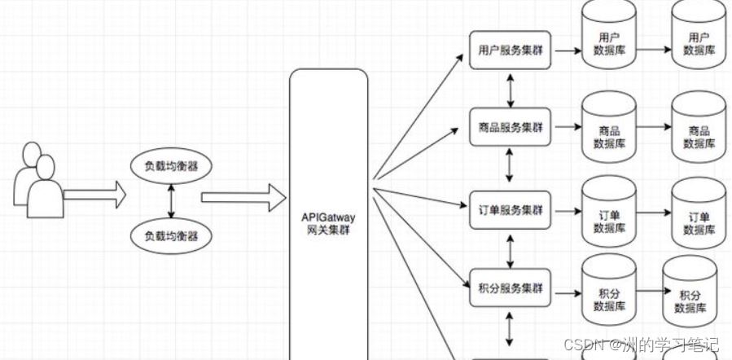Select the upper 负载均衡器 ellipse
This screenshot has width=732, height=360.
coord(171,166)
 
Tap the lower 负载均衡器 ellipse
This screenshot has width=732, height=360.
coord(171,236)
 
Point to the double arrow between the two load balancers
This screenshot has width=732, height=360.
coord(171,201)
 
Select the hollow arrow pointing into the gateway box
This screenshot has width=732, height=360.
coord(243,196)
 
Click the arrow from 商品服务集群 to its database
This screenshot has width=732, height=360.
coord(567,128)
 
